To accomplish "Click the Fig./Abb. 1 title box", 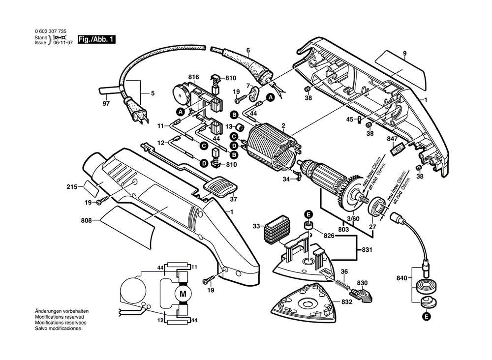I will (x=96, y=39).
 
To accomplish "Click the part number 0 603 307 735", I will (x=51, y=31).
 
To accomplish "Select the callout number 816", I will (x=193, y=77).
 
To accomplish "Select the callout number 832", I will (x=347, y=301).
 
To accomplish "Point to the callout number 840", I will (x=401, y=278).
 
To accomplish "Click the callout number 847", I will (x=392, y=139).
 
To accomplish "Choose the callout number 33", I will (x=256, y=227).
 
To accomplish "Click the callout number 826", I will (x=329, y=236).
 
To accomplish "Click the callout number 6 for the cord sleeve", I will (x=248, y=50).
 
